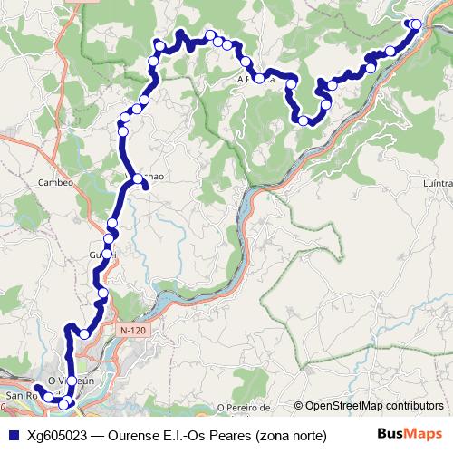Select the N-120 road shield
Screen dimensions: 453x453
[x=132, y=332]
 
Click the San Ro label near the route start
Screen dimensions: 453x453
[x=19, y=397]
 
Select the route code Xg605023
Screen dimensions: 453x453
[x=57, y=435]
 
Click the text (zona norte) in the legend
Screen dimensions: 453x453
[x=292, y=435]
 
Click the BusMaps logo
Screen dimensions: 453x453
[x=410, y=434]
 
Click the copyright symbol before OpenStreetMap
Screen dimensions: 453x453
[x=299, y=406]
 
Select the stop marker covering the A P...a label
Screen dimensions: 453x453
[x=260, y=79]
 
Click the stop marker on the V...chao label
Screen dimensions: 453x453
[x=139, y=179]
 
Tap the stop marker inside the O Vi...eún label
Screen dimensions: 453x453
[x=72, y=381]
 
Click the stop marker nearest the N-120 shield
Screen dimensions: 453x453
[x=85, y=334]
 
